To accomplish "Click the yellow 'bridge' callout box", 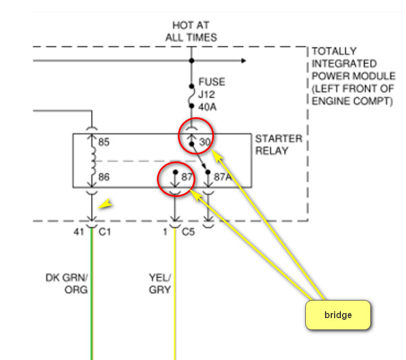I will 337,315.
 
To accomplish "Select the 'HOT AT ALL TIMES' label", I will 191,31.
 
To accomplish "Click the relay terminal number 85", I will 104,142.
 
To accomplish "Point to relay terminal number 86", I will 104,177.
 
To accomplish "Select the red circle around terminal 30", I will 196,136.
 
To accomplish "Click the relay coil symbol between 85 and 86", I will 92,160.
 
